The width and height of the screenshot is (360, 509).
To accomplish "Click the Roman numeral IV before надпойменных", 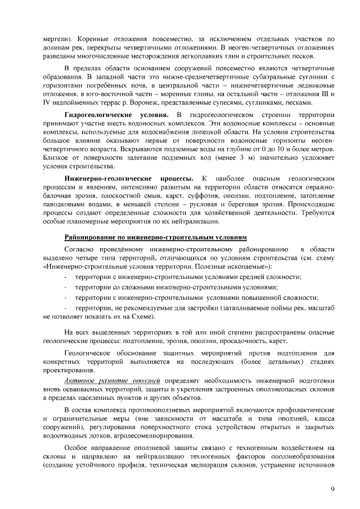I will (x=47, y=103).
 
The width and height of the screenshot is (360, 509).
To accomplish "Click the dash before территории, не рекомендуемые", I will (x=66, y=308).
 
